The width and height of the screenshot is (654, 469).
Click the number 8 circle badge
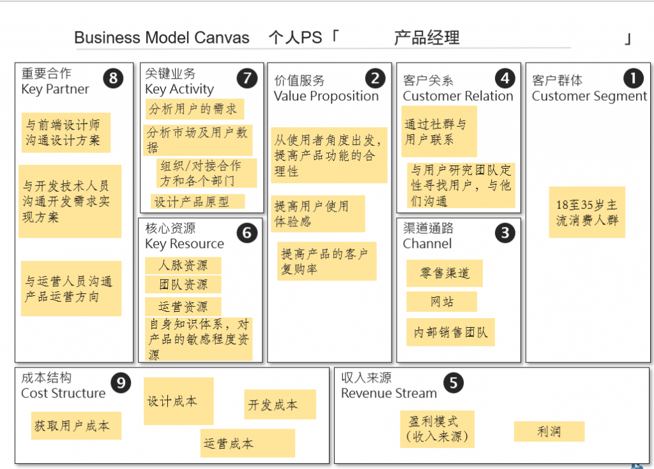point(113,79)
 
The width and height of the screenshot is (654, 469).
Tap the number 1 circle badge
point(633,79)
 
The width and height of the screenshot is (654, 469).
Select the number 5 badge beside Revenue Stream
point(453,383)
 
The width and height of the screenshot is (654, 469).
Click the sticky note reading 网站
point(441,302)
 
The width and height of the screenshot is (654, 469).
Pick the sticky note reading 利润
point(549,431)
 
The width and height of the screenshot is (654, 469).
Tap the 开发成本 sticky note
point(280,404)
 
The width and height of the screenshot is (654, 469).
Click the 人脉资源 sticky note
point(183,265)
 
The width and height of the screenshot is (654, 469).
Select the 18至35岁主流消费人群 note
point(586,212)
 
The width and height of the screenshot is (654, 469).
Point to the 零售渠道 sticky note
point(444,273)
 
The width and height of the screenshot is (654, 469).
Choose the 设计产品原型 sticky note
point(198,201)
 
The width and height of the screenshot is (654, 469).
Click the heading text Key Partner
point(55,89)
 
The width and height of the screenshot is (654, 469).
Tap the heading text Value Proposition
point(326,96)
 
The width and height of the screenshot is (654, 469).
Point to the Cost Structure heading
point(63,393)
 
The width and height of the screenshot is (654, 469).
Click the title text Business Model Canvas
point(162,38)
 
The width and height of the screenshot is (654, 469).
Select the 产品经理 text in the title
point(427,38)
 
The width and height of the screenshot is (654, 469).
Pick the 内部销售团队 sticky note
point(450,332)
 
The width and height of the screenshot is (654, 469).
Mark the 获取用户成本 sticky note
point(76,426)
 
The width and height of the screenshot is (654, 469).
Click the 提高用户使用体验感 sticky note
point(317,213)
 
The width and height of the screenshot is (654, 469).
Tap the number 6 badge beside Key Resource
point(247,233)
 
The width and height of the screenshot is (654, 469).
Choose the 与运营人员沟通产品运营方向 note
point(71,288)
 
